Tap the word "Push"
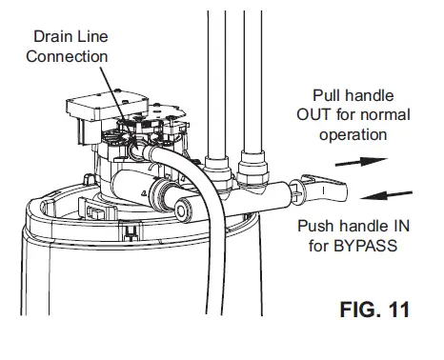tap(318, 227)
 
